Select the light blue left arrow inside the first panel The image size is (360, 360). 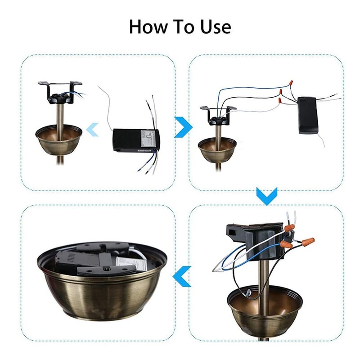pos(93,130)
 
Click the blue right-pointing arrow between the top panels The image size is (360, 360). pos(181,128)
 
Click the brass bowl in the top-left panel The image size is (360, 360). pos(59,140)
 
